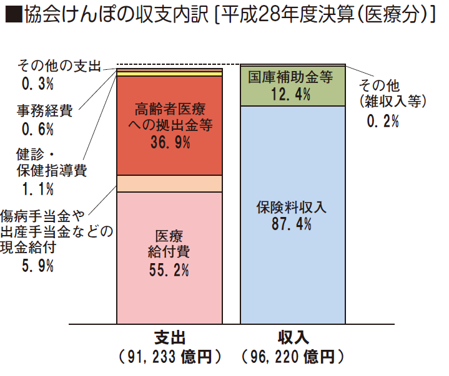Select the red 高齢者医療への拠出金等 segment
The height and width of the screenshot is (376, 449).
pyautogui.click(x=169, y=156)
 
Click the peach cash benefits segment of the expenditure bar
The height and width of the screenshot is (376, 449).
pyautogui.click(x=169, y=183)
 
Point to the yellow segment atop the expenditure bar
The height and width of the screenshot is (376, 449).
pyautogui.click(x=169, y=73)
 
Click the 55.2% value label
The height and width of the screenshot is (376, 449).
pyautogui.click(x=169, y=270)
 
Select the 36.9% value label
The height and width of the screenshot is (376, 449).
pyautogui.click(x=170, y=142)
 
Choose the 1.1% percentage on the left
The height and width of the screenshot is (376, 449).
pyautogui.click(x=37, y=188)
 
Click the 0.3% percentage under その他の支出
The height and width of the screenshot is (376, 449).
pyautogui.click(x=37, y=82)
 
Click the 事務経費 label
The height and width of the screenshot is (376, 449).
pyautogui.click(x=44, y=112)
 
